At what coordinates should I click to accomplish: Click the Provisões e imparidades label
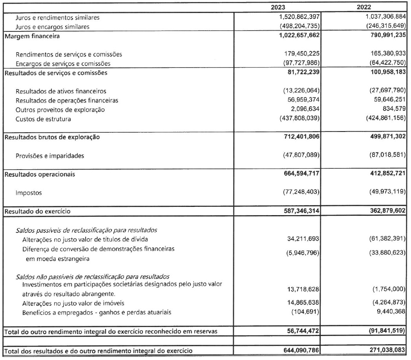(x=49, y=156)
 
